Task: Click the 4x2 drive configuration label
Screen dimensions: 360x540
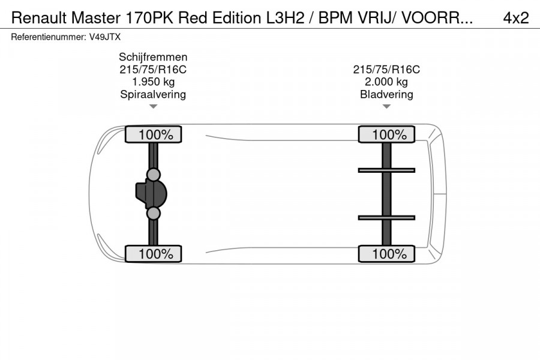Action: point(515,18)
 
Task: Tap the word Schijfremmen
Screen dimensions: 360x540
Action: point(153,57)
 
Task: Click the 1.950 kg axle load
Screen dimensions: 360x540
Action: point(153,82)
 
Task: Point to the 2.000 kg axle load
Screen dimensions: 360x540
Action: point(386,82)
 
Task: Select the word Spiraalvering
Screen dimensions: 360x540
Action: point(153,94)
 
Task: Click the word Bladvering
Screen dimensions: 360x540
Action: point(386,94)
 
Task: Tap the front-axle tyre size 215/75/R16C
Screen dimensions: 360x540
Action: point(153,70)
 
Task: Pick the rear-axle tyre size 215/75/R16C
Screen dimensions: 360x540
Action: point(386,70)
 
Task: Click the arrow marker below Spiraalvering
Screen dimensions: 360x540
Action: point(153,107)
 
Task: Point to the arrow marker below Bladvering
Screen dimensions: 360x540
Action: point(386,107)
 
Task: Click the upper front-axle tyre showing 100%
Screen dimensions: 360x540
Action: point(153,135)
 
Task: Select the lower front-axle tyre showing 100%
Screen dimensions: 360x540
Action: point(153,254)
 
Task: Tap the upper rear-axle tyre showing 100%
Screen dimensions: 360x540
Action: point(386,135)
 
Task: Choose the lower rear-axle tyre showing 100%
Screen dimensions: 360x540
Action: point(386,254)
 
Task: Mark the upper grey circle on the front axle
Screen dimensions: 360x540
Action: point(154,175)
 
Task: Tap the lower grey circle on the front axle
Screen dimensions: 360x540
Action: point(154,214)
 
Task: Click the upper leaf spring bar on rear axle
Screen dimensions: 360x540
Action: point(386,170)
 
